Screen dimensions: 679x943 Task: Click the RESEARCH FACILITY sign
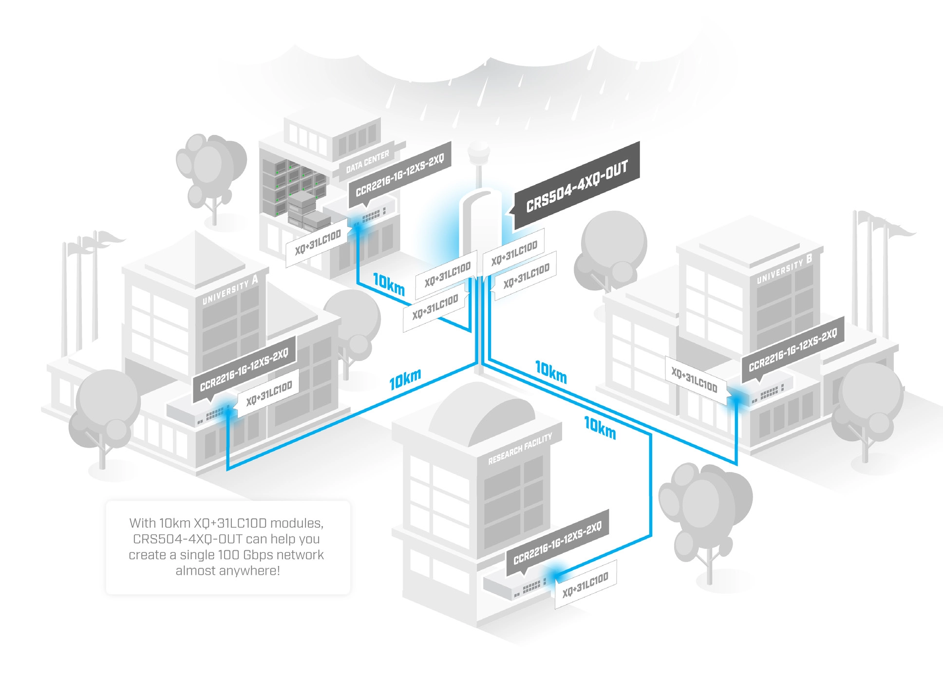(x=520, y=449)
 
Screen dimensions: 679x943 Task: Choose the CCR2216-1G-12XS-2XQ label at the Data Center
(x=400, y=175)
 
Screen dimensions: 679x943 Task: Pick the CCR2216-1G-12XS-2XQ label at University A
(x=244, y=369)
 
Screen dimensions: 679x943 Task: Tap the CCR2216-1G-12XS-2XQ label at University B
(x=792, y=349)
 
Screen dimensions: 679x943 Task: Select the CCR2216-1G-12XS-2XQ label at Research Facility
(x=558, y=542)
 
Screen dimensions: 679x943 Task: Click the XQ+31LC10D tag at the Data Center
(x=318, y=244)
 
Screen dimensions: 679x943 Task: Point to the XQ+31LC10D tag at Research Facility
(x=585, y=585)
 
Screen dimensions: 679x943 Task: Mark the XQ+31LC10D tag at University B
(x=695, y=380)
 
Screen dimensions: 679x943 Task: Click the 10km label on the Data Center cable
(x=389, y=283)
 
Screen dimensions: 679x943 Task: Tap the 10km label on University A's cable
(x=405, y=379)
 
